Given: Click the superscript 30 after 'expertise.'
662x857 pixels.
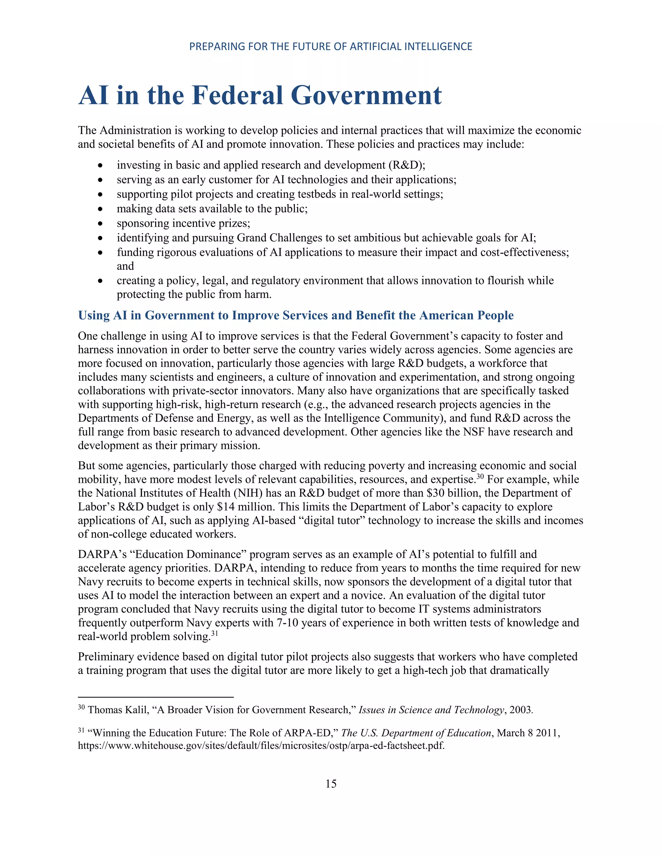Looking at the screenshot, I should tap(480, 477).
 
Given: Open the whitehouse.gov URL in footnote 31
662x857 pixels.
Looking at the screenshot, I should tap(261, 745).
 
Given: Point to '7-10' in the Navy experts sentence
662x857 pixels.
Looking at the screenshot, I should tap(288, 623).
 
